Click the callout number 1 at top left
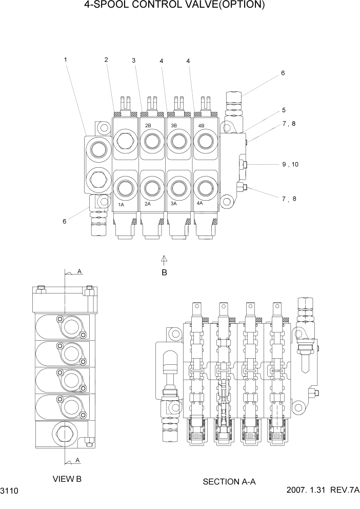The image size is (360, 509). pyautogui.click(x=66, y=60)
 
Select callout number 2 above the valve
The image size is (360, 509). pyautogui.click(x=106, y=60)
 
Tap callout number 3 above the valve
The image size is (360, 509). pyautogui.click(x=134, y=61)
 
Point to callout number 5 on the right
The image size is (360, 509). pyautogui.click(x=284, y=110)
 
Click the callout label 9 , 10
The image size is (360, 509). pyautogui.click(x=290, y=165)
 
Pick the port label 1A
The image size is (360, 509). pyautogui.click(x=122, y=204)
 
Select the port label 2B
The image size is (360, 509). pyautogui.click(x=148, y=125)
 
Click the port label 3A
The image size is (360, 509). pyautogui.click(x=174, y=204)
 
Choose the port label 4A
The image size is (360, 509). pyautogui.click(x=201, y=204)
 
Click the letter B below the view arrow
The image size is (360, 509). pyautogui.click(x=165, y=272)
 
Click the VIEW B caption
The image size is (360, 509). pyautogui.click(x=67, y=479)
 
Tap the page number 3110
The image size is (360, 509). pyautogui.click(x=10, y=492)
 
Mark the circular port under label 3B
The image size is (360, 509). pyautogui.click(x=177, y=139)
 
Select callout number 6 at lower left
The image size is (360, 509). pyautogui.click(x=64, y=221)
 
